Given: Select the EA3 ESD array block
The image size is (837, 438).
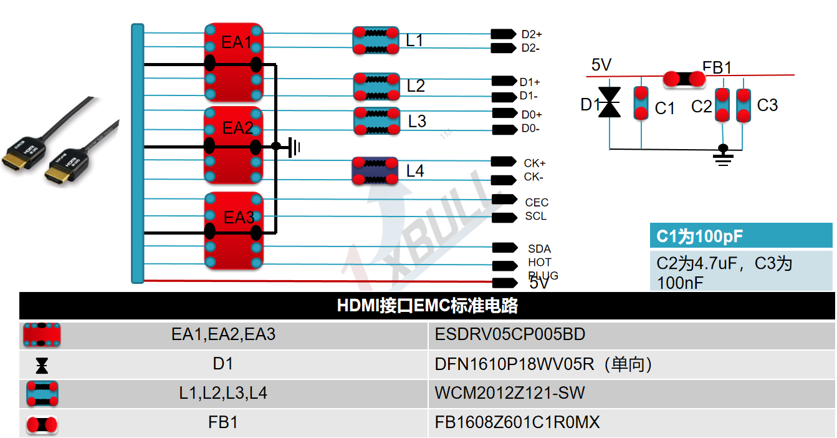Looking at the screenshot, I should pos(234,231).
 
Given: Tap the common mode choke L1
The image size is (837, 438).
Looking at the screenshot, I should pos(376,41).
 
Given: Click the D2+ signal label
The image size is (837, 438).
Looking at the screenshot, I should pos(531,34).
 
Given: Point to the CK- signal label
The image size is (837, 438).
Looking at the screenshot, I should pos(533,177).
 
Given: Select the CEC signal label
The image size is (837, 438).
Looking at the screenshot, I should pos(536,202).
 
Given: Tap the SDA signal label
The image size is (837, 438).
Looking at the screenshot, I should pos(539,249).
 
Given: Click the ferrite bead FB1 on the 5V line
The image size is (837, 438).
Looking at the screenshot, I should pos(684,79).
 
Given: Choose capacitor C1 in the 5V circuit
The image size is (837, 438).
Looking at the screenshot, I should pos(641,104).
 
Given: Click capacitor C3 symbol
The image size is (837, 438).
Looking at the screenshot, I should pos(744,105).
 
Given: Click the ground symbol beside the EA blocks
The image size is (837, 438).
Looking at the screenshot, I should pos(295,147).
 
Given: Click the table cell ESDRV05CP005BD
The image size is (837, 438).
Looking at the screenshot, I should pos(510,334).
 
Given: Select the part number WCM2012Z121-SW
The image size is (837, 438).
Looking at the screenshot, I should pos(510,394).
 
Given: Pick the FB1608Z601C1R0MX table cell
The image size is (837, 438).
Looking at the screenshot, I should pos(517,422).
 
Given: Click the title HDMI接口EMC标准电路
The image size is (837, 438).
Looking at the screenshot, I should pos(427,306).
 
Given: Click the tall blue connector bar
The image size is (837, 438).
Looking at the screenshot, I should pos(137,153).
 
